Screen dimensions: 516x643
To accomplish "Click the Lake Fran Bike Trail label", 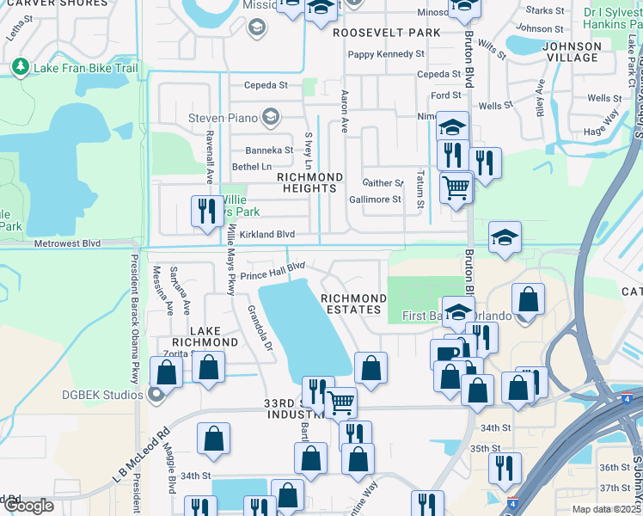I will click(85, 67).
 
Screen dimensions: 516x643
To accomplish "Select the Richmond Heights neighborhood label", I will click(309, 182).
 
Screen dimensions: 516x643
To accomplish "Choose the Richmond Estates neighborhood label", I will click(351, 304).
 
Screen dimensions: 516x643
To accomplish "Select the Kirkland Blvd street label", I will click(266, 234).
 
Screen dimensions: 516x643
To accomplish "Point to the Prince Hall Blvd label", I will click(273, 271).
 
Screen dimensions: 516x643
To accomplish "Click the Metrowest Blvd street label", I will click(67, 243).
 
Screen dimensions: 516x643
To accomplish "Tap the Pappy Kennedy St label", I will click(386, 54).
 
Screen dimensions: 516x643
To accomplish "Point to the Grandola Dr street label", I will click(260, 329).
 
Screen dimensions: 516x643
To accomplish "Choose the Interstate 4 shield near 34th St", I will click(628, 400).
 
